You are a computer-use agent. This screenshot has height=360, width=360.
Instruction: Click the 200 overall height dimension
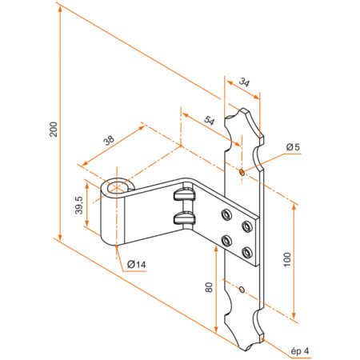point(53,130)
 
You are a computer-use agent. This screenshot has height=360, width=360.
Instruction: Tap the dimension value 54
point(210,121)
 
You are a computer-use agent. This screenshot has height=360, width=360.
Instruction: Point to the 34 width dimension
point(243,81)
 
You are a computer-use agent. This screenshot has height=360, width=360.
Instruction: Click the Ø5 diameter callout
point(292,146)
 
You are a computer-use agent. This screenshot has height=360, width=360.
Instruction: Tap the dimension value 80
point(210,288)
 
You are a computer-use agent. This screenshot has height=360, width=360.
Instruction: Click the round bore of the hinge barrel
point(118,189)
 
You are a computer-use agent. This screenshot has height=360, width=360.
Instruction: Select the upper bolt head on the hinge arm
point(184,194)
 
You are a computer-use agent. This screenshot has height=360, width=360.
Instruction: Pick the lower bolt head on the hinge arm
point(184,218)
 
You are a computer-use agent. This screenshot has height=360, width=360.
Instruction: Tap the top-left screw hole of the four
point(226,213)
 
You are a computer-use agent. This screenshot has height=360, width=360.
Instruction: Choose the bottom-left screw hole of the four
point(226,239)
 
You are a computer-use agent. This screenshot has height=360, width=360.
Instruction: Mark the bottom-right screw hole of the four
point(246,253)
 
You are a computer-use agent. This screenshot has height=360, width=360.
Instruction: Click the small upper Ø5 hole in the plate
point(242,170)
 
